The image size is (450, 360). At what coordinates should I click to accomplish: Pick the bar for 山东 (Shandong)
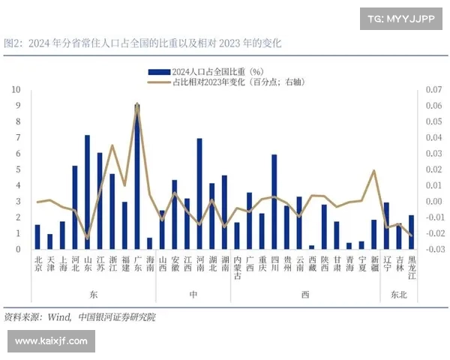coord(88,192)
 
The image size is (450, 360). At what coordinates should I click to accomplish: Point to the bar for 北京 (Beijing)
coord(37,236)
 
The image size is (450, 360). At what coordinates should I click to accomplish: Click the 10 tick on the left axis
coord(16,89)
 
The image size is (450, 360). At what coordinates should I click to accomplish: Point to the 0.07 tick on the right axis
coord(433,89)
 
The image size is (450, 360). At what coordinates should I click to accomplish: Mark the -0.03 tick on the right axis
coord(433,249)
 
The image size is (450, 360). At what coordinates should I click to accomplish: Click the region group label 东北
coord(398,295)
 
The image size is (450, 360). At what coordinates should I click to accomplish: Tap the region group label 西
coord(305,295)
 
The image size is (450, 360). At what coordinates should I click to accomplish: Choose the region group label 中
coord(193,295)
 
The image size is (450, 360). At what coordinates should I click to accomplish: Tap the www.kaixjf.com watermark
coord(51,341)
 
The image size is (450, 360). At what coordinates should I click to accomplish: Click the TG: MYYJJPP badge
coord(402,17)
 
